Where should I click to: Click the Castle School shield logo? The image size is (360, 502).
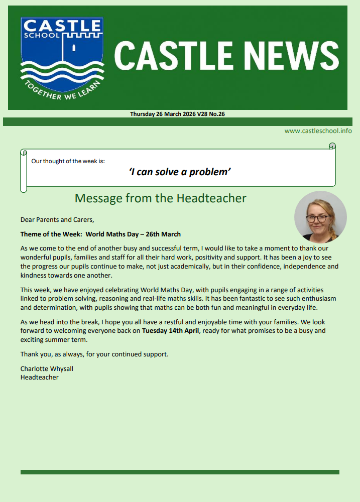point(61,58)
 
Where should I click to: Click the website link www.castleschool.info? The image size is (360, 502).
point(318,131)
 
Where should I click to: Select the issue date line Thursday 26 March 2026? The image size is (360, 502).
point(177,114)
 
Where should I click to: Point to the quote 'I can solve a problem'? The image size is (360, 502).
point(180,172)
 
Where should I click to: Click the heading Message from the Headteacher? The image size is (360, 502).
point(160,198)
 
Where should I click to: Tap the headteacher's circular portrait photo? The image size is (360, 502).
point(320,217)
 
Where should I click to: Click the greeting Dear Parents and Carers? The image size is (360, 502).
point(57,219)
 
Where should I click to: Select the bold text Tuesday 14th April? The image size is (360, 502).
point(171,331)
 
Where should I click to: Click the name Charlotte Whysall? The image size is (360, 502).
point(47,368)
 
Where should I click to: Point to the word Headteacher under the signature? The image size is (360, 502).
point(39,377)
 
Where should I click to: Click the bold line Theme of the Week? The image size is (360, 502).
point(100,234)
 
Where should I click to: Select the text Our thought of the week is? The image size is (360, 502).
point(68,161)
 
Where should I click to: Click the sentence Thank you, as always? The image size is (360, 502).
point(94,354)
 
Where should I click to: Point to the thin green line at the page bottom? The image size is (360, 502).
point(180,472)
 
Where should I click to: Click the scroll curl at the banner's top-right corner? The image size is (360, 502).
point(332,146)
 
